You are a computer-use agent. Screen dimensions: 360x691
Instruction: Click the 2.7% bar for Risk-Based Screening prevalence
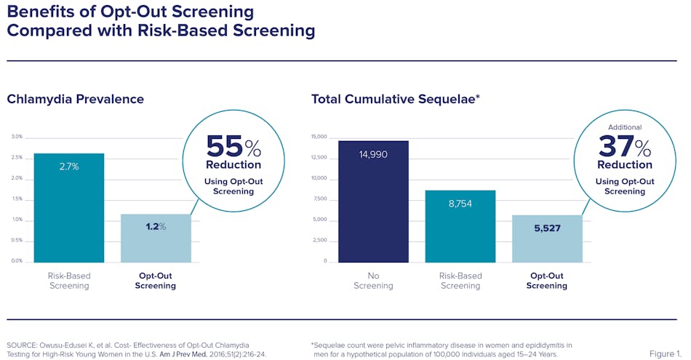click(69, 207)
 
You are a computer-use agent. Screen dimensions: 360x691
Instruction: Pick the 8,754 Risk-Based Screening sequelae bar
click(460, 225)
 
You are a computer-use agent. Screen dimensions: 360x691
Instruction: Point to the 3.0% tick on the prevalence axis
click(17, 137)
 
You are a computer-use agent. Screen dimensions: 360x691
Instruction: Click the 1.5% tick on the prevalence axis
click(17, 199)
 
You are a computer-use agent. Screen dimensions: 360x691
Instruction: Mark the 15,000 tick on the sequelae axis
click(319, 137)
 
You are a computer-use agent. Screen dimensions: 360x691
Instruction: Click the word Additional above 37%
click(624, 127)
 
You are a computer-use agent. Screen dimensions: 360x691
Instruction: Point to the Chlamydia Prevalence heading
click(76, 99)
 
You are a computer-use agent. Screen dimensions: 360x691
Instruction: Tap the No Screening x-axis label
click(373, 281)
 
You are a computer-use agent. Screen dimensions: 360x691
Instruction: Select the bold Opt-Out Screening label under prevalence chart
click(156, 281)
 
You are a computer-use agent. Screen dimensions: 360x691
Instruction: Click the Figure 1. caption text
click(665, 353)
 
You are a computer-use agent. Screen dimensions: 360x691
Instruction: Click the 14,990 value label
click(373, 154)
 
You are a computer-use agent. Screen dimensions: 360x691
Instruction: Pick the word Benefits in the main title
click(39, 12)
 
